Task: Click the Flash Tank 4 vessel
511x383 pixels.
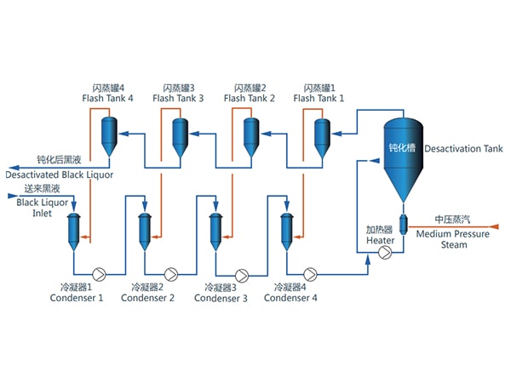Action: click(109, 134)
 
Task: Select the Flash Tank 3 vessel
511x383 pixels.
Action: click(180, 134)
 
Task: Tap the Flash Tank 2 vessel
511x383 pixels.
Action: click(250, 134)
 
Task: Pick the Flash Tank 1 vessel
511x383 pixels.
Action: click(321, 134)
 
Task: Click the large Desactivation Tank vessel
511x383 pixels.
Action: click(399, 153)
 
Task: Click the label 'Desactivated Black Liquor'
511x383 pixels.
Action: click(59, 174)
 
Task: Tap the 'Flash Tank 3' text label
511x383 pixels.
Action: click(178, 99)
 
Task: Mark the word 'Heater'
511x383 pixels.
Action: click(381, 241)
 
